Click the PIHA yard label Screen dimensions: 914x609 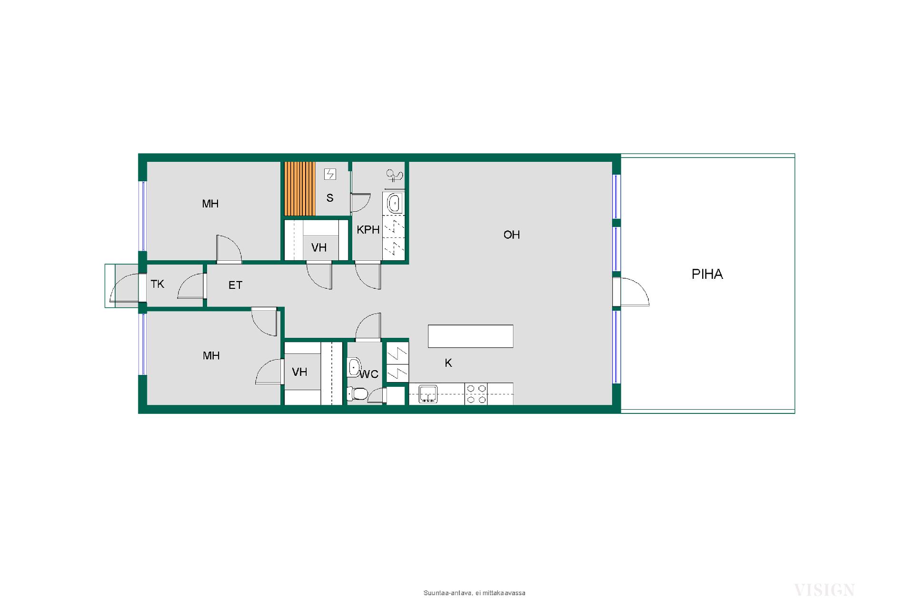[x=707, y=274]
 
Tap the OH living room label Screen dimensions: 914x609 [x=512, y=235]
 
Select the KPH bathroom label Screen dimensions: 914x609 [x=368, y=230]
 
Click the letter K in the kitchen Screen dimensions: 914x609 [x=448, y=363]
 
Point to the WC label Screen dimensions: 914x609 [x=369, y=374]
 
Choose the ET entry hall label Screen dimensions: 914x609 [x=236, y=285]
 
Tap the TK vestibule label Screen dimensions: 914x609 [x=158, y=284]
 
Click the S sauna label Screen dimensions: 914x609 [x=330, y=198]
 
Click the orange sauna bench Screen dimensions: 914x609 [x=300, y=189]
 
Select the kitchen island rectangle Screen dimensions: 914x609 [x=471, y=336]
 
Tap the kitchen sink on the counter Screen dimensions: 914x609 [x=428, y=394]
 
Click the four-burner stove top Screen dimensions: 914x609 [x=477, y=394]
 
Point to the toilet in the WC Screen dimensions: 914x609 [x=357, y=394]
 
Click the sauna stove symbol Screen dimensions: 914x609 [x=330, y=174]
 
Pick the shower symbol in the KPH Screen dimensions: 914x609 [x=394, y=177]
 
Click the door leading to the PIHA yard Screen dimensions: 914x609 [x=631, y=292]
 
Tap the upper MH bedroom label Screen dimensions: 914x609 [x=210, y=204]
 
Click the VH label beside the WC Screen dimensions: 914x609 [x=299, y=372]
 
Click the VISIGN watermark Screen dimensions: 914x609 [x=825, y=590]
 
